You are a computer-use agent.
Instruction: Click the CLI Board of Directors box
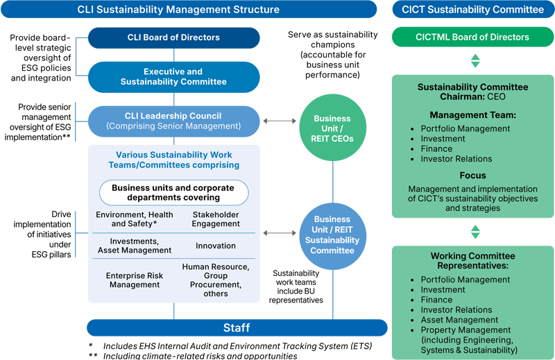(x=173, y=37)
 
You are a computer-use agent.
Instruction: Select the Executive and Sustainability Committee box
(x=173, y=76)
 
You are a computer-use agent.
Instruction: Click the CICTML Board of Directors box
(x=473, y=37)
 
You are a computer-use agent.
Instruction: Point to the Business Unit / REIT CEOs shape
(x=332, y=128)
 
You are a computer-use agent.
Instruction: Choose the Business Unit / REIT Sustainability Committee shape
(x=332, y=234)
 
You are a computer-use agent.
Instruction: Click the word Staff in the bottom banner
(x=236, y=327)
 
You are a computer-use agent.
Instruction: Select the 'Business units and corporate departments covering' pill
(x=173, y=192)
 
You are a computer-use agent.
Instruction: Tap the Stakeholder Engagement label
(x=216, y=220)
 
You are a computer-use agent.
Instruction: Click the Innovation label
(x=216, y=246)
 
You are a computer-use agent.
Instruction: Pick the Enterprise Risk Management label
(x=134, y=280)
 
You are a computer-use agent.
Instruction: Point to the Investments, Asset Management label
(x=134, y=246)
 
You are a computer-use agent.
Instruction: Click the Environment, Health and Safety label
(x=134, y=220)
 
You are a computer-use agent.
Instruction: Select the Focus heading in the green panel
(x=472, y=175)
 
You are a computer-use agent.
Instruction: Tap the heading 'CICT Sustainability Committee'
(x=472, y=10)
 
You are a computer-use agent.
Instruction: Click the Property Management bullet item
(x=466, y=330)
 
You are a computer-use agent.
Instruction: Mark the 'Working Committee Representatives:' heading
(x=472, y=261)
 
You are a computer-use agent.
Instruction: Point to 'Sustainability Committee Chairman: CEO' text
(x=472, y=92)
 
